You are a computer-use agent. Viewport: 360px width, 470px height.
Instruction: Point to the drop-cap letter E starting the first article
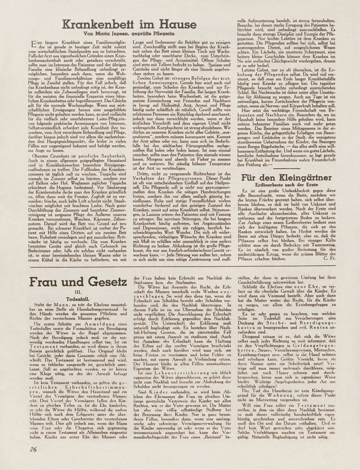tap(32, 44)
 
